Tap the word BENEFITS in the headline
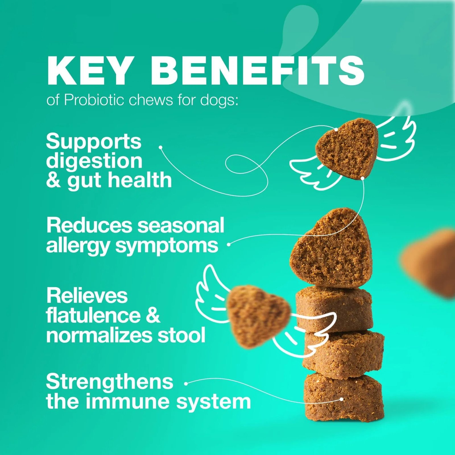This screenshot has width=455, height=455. pos(257,70)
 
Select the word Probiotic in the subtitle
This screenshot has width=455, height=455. pos(94,100)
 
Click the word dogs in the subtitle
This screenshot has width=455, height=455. pos(218,100)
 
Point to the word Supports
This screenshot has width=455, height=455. pos(94,141)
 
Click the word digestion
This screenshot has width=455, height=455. pos(94,161)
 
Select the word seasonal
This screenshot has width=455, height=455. pos(181,225)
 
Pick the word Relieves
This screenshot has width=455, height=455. pos(87,295)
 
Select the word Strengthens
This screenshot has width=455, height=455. pos(109,382)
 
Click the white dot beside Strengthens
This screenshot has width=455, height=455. pos(186,384)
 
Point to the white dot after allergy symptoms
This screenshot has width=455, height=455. pos(228,244)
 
